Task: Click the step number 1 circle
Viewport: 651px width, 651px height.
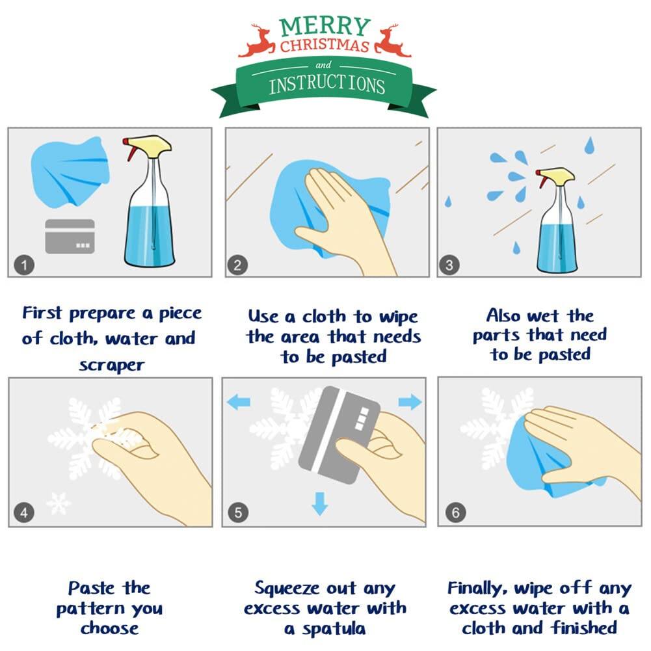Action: pyautogui.click(x=24, y=265)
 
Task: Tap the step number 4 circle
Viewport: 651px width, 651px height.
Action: pyautogui.click(x=24, y=513)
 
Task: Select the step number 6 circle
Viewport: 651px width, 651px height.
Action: pyautogui.click(x=455, y=513)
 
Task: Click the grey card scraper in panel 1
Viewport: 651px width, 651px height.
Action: pyautogui.click(x=70, y=236)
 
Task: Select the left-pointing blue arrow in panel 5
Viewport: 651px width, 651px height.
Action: pyautogui.click(x=238, y=403)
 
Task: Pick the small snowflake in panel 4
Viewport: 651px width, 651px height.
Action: pyautogui.click(x=59, y=503)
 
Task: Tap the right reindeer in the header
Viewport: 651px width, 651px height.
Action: pyautogui.click(x=392, y=42)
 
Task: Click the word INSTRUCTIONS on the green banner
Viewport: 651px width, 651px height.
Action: pyautogui.click(x=326, y=85)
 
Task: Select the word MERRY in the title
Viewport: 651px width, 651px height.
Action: pyautogui.click(x=325, y=27)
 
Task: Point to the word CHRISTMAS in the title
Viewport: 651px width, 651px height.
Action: pyautogui.click(x=325, y=46)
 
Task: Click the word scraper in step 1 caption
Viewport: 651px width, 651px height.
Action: pyautogui.click(x=111, y=365)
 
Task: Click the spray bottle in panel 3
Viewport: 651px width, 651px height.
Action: pyautogui.click(x=556, y=224)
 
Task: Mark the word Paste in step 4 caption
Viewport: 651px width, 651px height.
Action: pyautogui.click(x=92, y=589)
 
